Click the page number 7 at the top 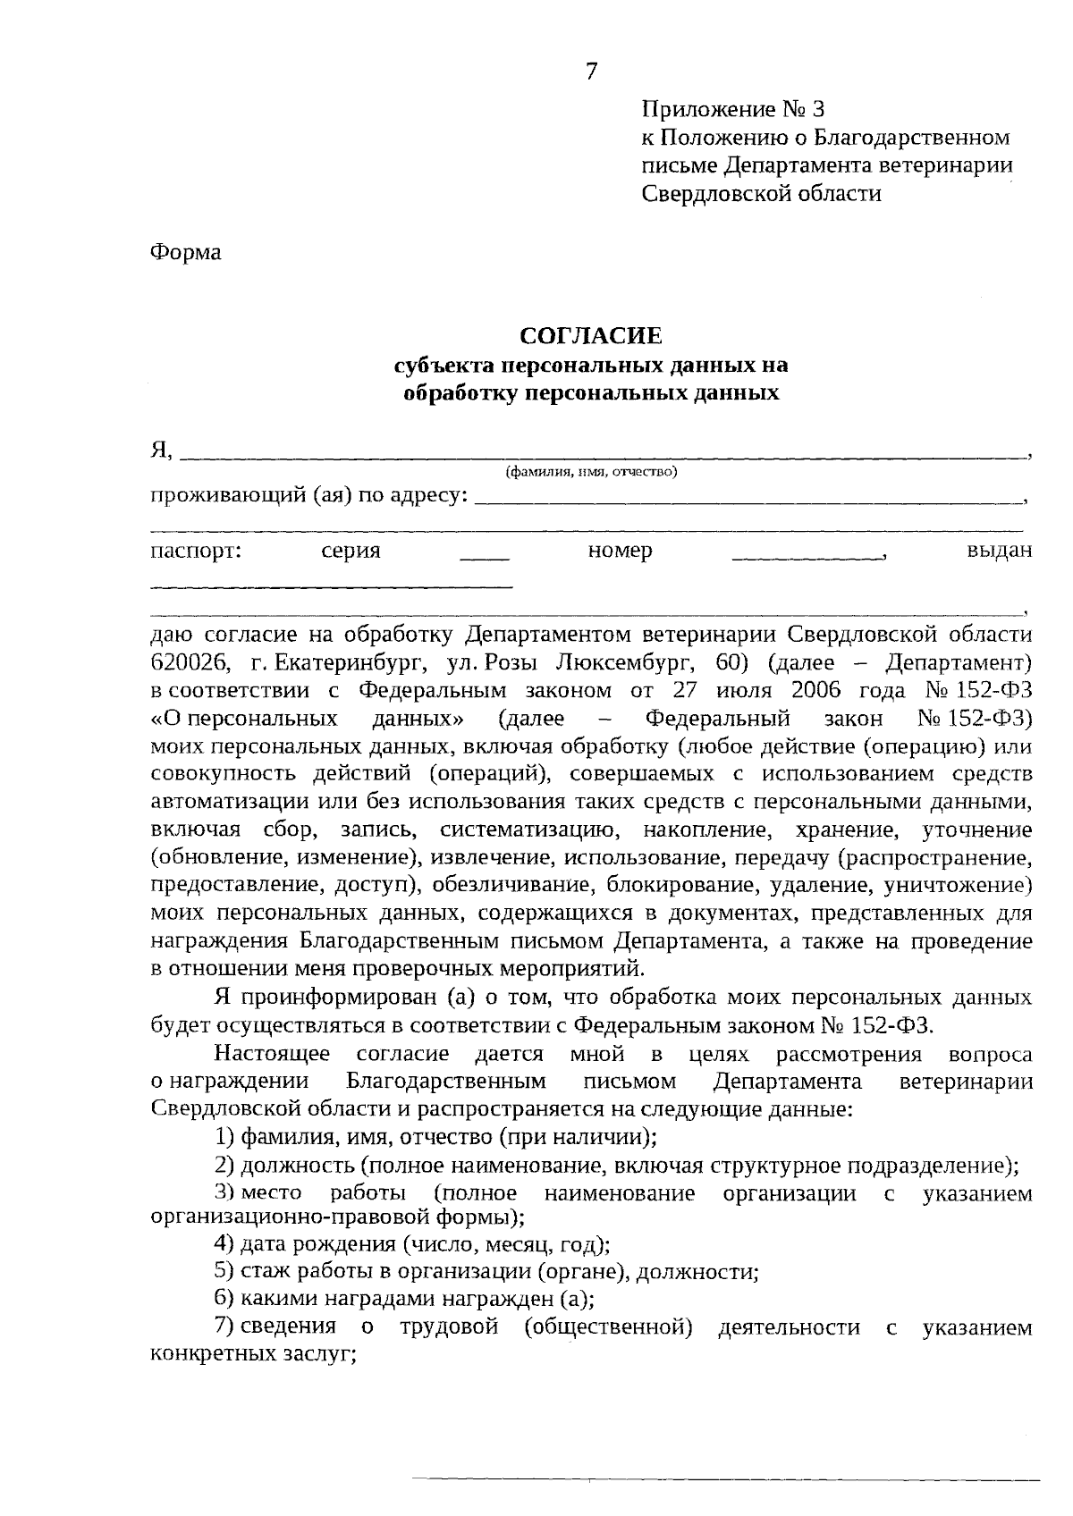(x=590, y=72)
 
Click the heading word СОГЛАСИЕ (x=591, y=336)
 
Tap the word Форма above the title (x=185, y=252)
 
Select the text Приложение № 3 (x=732, y=110)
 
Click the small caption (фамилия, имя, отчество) (x=591, y=471)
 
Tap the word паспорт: (x=197, y=551)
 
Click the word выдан (x=999, y=551)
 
